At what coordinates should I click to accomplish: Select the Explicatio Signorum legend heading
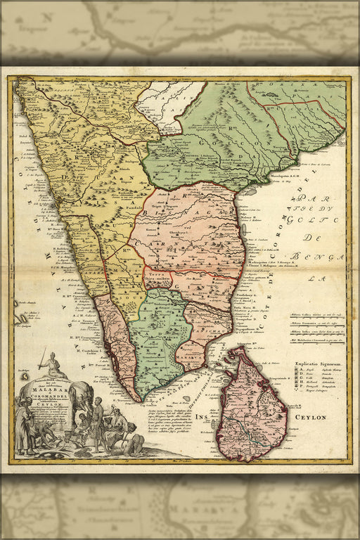click(316, 364)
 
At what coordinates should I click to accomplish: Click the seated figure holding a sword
click(53, 364)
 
